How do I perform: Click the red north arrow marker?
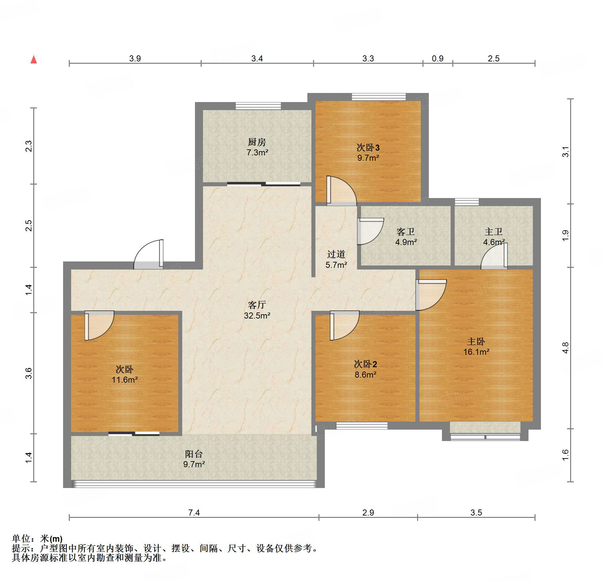[x=34, y=59]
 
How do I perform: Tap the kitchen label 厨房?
[x=257, y=142]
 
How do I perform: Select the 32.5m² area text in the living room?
[x=257, y=316]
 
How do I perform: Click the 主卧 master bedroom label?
[x=476, y=341]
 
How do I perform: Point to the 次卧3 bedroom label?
[x=368, y=147]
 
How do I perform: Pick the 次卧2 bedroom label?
[x=365, y=364]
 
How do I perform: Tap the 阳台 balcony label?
[x=194, y=454]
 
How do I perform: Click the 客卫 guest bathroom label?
[x=406, y=232]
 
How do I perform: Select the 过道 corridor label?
[x=336, y=254]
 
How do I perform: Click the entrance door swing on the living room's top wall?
[x=149, y=254]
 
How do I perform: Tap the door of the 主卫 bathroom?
[x=494, y=256]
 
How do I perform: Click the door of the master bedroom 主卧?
[x=431, y=295]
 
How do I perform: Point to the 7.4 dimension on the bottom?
[x=194, y=513]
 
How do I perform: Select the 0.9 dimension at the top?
[x=438, y=58]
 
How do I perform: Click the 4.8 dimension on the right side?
[x=566, y=348]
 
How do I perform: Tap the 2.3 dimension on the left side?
[x=29, y=146]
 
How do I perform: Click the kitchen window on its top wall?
[x=258, y=106]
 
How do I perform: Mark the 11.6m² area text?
[x=124, y=380]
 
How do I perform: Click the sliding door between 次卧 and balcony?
[x=134, y=434]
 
